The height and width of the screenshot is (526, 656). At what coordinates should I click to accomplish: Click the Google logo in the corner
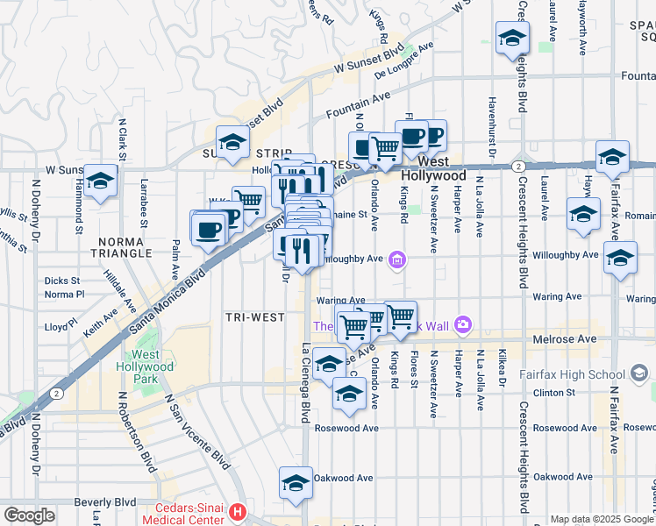(29, 515)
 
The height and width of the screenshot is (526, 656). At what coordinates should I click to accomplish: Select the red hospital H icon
(235, 511)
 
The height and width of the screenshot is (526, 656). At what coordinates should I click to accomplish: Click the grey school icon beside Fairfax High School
(639, 374)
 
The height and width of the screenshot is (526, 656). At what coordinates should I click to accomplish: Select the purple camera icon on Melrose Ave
(462, 326)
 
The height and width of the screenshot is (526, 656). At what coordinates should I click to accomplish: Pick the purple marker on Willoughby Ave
(397, 259)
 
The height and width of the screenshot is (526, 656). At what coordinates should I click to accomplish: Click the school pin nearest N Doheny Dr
(102, 181)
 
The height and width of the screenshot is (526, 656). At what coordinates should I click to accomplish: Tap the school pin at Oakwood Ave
(296, 482)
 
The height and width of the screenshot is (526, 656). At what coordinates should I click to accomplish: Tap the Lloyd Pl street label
(60, 327)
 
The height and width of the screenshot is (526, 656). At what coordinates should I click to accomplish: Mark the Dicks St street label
(61, 281)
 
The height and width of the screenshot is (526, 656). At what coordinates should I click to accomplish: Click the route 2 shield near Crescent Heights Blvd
(519, 165)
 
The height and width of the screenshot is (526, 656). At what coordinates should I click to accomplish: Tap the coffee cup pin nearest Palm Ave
(208, 231)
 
